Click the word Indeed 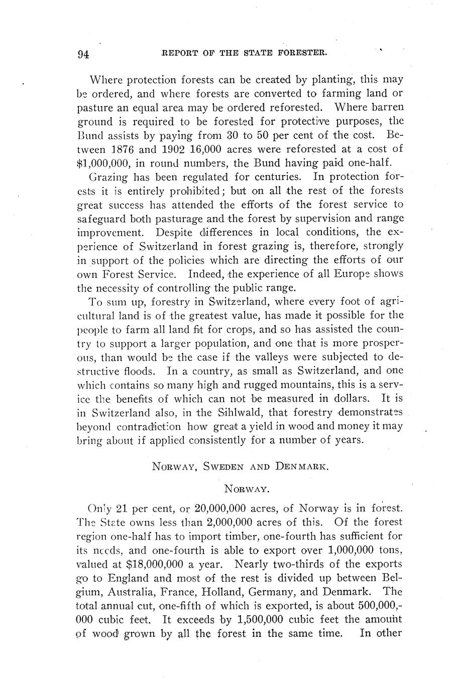pyautogui.click(x=205, y=274)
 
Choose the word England pyautogui.click(x=129, y=577)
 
